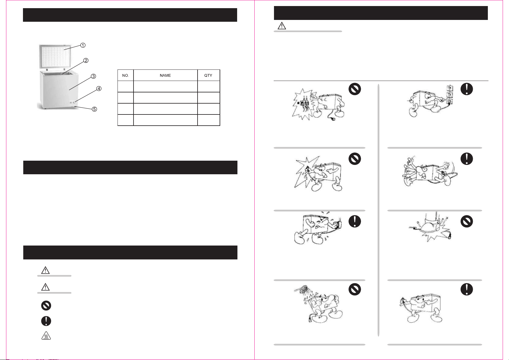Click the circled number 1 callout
click(x=83, y=45)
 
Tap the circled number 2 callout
click(x=86, y=60)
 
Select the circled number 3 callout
click(x=93, y=76)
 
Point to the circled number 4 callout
click(x=99, y=88)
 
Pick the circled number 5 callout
click(x=94, y=109)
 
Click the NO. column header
click(x=125, y=76)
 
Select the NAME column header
click(x=165, y=76)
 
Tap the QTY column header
click(x=208, y=76)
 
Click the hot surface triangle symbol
click(x=46, y=335)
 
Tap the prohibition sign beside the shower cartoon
click(x=355, y=289)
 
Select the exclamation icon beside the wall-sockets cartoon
click(x=467, y=89)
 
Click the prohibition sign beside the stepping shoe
click(x=467, y=221)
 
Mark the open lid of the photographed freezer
click(x=55, y=56)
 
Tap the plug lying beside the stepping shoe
click(x=449, y=236)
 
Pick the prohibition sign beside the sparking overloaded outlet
click(x=355, y=89)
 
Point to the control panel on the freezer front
click(x=72, y=102)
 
